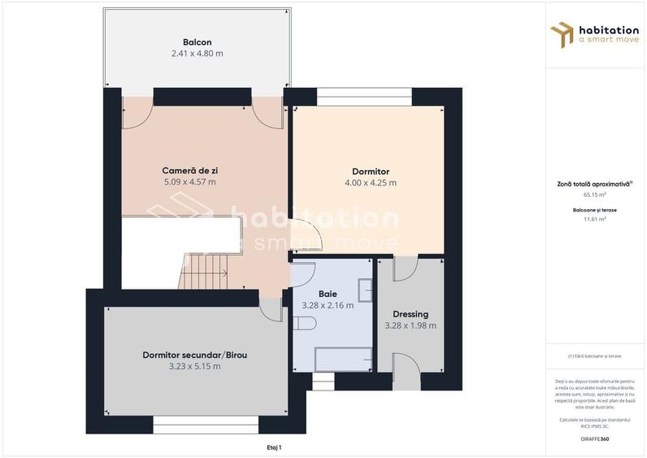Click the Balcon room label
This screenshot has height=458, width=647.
(197, 41)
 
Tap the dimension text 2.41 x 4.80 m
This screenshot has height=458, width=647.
(197, 54)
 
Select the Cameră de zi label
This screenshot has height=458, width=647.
(189, 171)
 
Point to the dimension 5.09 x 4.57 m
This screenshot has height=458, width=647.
(189, 182)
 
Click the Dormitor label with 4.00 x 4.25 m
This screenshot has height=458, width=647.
(370, 172)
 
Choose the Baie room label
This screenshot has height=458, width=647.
(327, 294)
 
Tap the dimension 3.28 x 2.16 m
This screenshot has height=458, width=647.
(327, 306)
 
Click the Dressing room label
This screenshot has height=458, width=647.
(410, 314)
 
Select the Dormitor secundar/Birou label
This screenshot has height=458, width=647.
(194, 355)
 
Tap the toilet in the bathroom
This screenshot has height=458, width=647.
(303, 324)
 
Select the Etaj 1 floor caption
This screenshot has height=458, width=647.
(274, 447)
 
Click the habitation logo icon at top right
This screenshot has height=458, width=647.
(562, 34)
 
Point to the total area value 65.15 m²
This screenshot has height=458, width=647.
(594, 195)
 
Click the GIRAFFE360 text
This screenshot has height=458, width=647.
(594, 439)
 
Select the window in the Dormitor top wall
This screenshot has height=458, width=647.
(364, 97)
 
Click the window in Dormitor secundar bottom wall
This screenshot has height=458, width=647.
(206, 424)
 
